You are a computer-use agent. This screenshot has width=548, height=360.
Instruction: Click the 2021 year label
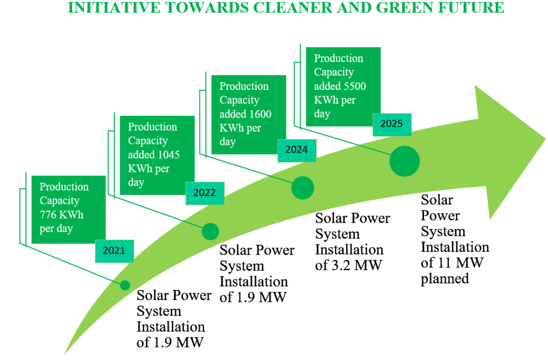coord(114,251)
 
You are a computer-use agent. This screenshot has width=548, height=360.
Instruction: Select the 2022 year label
coord(204,193)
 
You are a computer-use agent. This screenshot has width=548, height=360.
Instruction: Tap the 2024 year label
coord(296,150)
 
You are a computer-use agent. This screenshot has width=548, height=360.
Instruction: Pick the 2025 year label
coord(392,124)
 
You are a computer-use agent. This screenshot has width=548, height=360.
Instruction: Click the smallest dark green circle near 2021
coord(125,285)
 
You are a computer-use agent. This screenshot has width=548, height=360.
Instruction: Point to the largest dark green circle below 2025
coord(405,162)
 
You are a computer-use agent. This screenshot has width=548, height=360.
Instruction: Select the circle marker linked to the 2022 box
coord(210,232)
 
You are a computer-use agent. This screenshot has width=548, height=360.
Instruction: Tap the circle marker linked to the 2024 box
coord(303,188)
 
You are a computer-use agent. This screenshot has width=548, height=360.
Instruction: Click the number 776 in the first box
coord(48,215)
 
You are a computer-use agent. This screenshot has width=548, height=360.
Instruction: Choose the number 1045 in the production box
coord(168,155)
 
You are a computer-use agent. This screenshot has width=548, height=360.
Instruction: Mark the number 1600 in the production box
coord(260,114)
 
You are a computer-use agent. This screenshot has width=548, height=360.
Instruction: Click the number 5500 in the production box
coord(354,86)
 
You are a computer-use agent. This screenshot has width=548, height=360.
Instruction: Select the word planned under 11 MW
coord(445,279)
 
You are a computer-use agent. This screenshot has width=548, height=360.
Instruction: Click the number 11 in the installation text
coord(445,263)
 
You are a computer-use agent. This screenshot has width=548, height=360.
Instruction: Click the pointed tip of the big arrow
coord(545,139)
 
